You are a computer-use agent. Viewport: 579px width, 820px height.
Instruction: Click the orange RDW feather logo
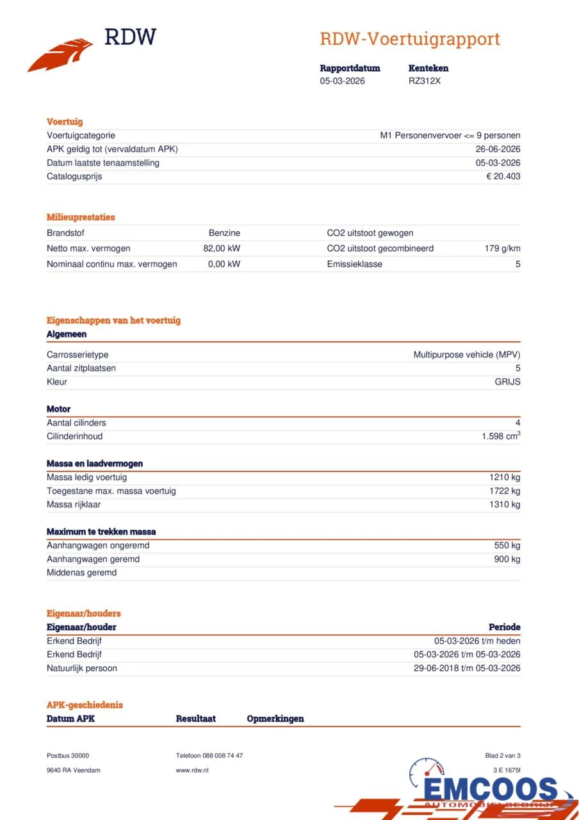pos(61,55)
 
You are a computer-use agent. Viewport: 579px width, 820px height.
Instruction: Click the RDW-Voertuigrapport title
pos(409,38)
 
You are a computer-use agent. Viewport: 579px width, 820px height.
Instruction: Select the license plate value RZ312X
pos(425,81)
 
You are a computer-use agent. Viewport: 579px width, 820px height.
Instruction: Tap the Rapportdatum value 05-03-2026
pos(343,81)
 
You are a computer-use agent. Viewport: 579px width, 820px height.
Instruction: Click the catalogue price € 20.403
pos(503,176)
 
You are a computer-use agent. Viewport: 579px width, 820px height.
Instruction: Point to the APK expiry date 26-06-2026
pos(498,149)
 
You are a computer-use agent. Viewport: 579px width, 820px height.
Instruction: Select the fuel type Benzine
pos(224,233)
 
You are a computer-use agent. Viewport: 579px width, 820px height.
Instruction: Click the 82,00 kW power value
pos(222,249)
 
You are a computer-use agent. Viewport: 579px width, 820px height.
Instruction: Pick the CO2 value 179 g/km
pos(502,249)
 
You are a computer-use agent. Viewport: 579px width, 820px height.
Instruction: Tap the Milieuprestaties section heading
pos(81,217)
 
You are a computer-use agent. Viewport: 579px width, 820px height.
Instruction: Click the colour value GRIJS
pos(507,382)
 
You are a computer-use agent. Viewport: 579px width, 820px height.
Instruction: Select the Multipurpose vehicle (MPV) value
pos(466,354)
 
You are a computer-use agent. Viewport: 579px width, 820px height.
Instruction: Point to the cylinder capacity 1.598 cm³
pos(501,436)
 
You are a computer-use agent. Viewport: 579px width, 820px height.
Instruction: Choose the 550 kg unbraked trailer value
pos(507,545)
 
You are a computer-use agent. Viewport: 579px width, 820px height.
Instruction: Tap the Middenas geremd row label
pos(81,573)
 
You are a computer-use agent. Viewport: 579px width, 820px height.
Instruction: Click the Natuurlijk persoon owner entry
pos(81,668)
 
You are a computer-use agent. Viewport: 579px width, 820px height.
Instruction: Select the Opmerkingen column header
pos(275,719)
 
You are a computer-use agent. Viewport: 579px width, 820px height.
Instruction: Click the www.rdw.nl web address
pos(192,770)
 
